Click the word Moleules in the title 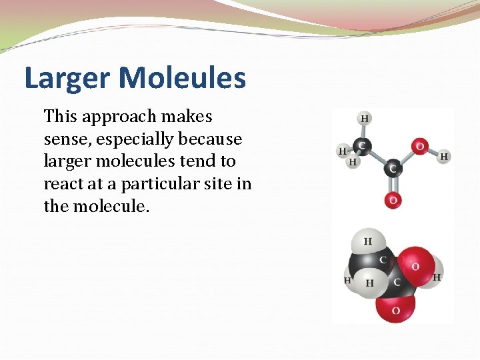pos(183,77)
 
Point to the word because pos(209,139)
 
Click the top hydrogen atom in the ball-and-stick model pos(365,119)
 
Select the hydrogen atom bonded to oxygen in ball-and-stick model pos(444,157)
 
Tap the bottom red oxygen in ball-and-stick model pos(393,199)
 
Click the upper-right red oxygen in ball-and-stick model pos(420,146)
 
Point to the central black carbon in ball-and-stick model pos(393,169)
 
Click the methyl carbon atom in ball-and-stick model pos(362,145)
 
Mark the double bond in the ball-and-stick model pos(393,185)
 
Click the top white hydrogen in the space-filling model pos(367,241)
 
